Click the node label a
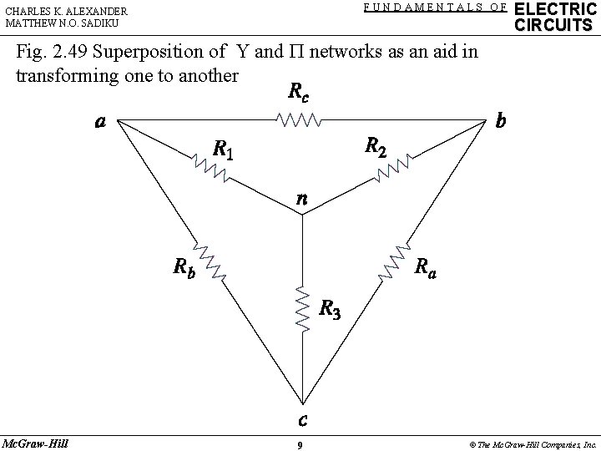(x=100, y=122)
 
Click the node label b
(x=500, y=121)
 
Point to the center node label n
(x=302, y=199)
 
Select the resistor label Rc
(x=297, y=93)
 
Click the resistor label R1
(x=223, y=150)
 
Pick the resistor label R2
(x=376, y=147)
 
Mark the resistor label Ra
(x=425, y=267)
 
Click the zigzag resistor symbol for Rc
(x=299, y=122)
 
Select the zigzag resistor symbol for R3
(x=302, y=307)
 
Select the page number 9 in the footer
(x=300, y=444)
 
